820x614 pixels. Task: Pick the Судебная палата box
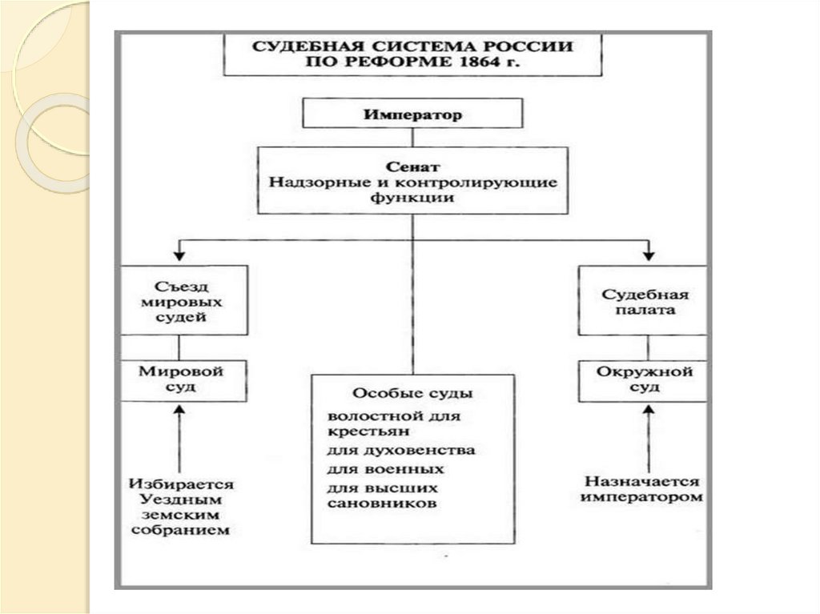point(643,301)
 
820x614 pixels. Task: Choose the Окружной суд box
point(643,380)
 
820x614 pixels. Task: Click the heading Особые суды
point(412,393)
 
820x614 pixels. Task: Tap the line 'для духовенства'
point(401,450)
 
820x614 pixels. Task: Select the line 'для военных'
point(386,468)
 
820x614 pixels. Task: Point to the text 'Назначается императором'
point(643,489)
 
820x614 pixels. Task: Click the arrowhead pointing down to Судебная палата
point(649,255)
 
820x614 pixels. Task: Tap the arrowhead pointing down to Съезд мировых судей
point(180,255)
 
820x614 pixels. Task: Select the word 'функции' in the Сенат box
point(412,197)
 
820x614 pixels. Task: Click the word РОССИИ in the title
point(534,46)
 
